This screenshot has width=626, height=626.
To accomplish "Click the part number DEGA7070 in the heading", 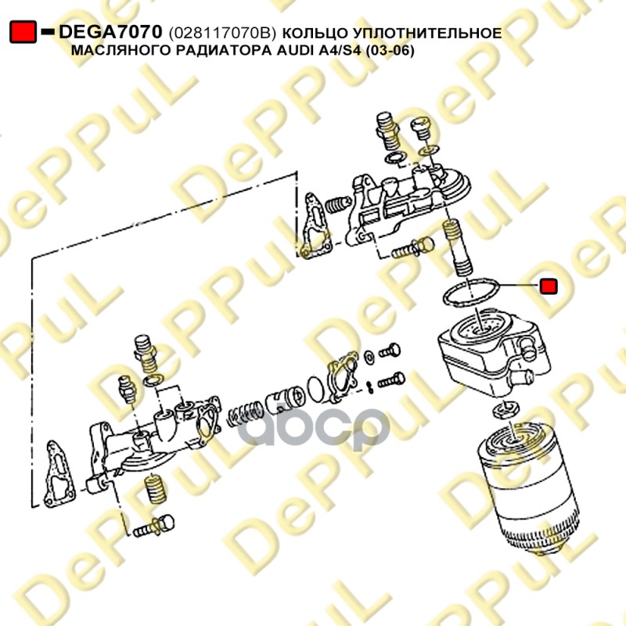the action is [x=110, y=32].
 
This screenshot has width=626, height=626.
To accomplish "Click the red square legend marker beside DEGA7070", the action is [x=23, y=32].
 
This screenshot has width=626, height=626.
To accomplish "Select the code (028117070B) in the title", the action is [x=222, y=34].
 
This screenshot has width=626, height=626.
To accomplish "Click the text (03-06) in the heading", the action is [x=390, y=51].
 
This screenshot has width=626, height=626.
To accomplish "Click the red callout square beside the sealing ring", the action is [x=549, y=286].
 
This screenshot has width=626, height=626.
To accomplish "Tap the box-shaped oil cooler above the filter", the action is [x=494, y=351].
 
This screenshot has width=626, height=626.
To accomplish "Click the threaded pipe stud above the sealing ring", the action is [x=458, y=247].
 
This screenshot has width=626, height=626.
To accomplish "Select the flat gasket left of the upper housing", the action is [x=317, y=226].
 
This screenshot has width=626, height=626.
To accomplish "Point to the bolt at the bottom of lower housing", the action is [x=153, y=526].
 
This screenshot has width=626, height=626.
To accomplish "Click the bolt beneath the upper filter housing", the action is [x=412, y=248].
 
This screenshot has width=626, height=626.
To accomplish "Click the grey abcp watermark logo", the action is [x=315, y=428].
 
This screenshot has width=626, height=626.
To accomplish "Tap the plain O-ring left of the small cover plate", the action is [x=318, y=388].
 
